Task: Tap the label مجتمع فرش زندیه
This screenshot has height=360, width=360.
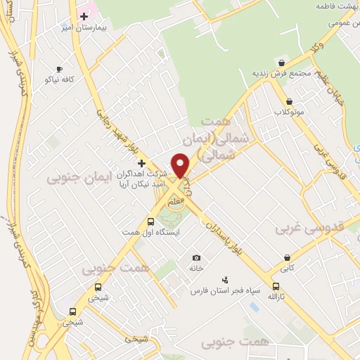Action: [x=280, y=74]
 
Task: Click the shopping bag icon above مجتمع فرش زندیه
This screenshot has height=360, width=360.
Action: [x=281, y=63]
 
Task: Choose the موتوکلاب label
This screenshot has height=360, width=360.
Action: [x=289, y=112]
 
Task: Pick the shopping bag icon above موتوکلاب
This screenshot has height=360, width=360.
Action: [x=290, y=101]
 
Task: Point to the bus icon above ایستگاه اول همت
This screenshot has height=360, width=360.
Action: [x=150, y=221]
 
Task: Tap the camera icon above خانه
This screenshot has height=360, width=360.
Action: [x=196, y=258]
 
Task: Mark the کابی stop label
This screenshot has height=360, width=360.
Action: [x=287, y=268]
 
